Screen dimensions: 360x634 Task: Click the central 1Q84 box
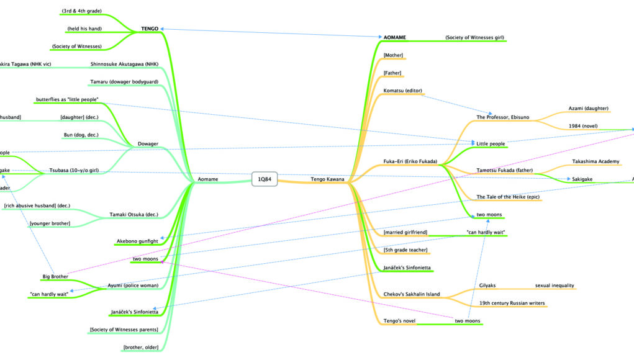tap(263, 179)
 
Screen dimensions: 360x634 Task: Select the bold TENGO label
tap(150, 29)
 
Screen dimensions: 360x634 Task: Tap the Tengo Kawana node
tap(327, 179)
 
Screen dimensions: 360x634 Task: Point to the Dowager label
tap(147, 144)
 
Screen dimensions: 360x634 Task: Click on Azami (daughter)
tap(589, 108)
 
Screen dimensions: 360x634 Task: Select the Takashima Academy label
tap(596, 161)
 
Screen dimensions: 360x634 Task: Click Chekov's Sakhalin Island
tap(412, 294)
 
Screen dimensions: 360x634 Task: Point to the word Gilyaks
tap(487, 286)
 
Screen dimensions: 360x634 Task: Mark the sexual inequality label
tap(555, 286)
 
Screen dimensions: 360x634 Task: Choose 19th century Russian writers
tap(512, 304)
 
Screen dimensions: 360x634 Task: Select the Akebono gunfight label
tap(137, 241)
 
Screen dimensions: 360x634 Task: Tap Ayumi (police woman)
tap(132, 286)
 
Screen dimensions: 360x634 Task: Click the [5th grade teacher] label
tap(406, 250)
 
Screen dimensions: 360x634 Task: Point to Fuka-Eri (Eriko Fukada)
tap(410, 162)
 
